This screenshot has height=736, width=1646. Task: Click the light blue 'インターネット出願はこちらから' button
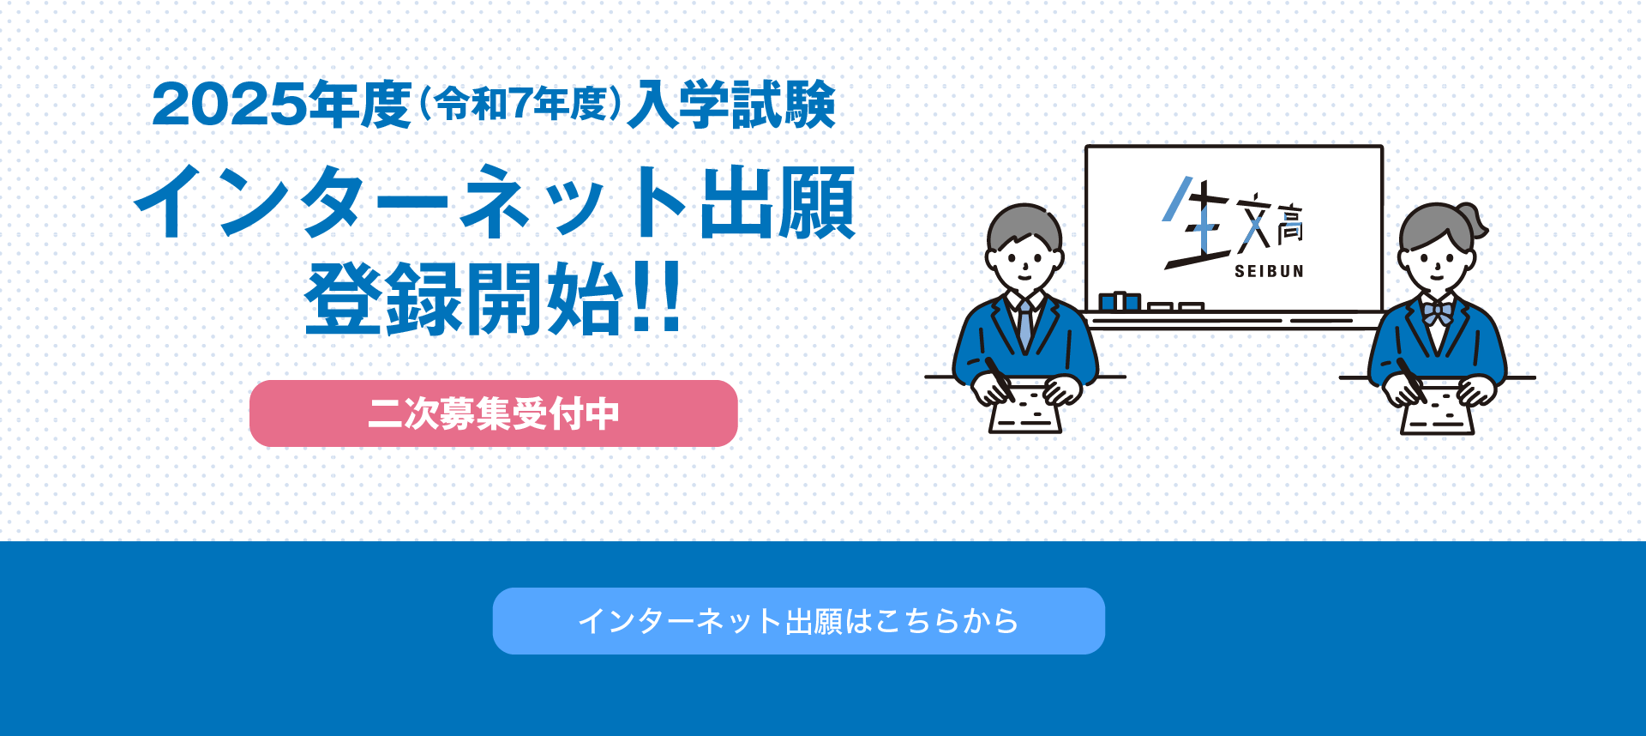pos(798,620)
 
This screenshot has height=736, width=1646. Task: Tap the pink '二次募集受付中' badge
pos(494,413)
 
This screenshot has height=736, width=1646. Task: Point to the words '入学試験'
pos(731,105)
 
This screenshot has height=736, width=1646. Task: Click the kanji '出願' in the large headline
pos(778,203)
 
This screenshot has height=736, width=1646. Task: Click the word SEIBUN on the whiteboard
pos(1269,271)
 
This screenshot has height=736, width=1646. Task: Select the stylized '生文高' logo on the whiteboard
pos(1234,223)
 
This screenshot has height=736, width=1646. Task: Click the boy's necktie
pos(1024,324)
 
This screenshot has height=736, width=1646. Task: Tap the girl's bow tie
pos(1438,311)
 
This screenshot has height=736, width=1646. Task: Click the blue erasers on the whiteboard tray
pos(1120,301)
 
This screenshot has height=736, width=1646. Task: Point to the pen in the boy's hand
pos(1000,378)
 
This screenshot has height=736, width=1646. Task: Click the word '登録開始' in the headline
pos(464,299)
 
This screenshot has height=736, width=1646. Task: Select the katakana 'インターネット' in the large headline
pos(411,202)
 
